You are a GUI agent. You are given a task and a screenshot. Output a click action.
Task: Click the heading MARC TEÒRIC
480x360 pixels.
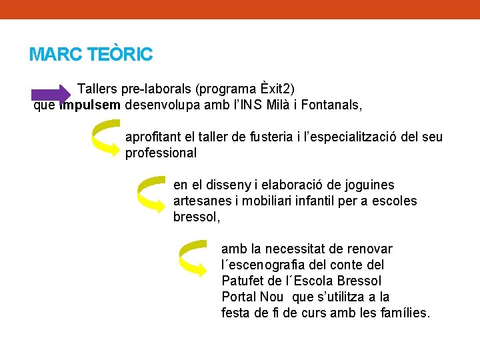coord(91,54)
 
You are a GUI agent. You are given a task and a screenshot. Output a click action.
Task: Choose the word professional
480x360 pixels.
coord(161,153)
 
